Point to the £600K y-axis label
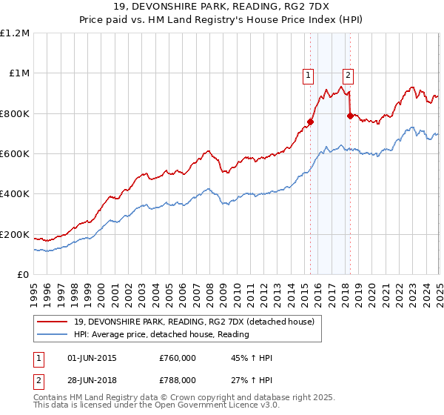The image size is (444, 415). pos(15,154)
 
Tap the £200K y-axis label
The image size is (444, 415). pos(15,235)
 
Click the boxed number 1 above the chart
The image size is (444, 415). pos(307,74)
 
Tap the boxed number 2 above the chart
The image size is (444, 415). pos(347,74)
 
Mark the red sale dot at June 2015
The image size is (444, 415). pos(311,122)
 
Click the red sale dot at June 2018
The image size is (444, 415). pos(350,116)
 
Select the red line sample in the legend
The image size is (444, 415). pos(53,322)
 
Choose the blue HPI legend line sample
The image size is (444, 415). pos(53,335)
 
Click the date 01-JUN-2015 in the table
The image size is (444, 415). pos(91,358)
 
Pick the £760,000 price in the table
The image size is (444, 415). pos(177,358)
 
